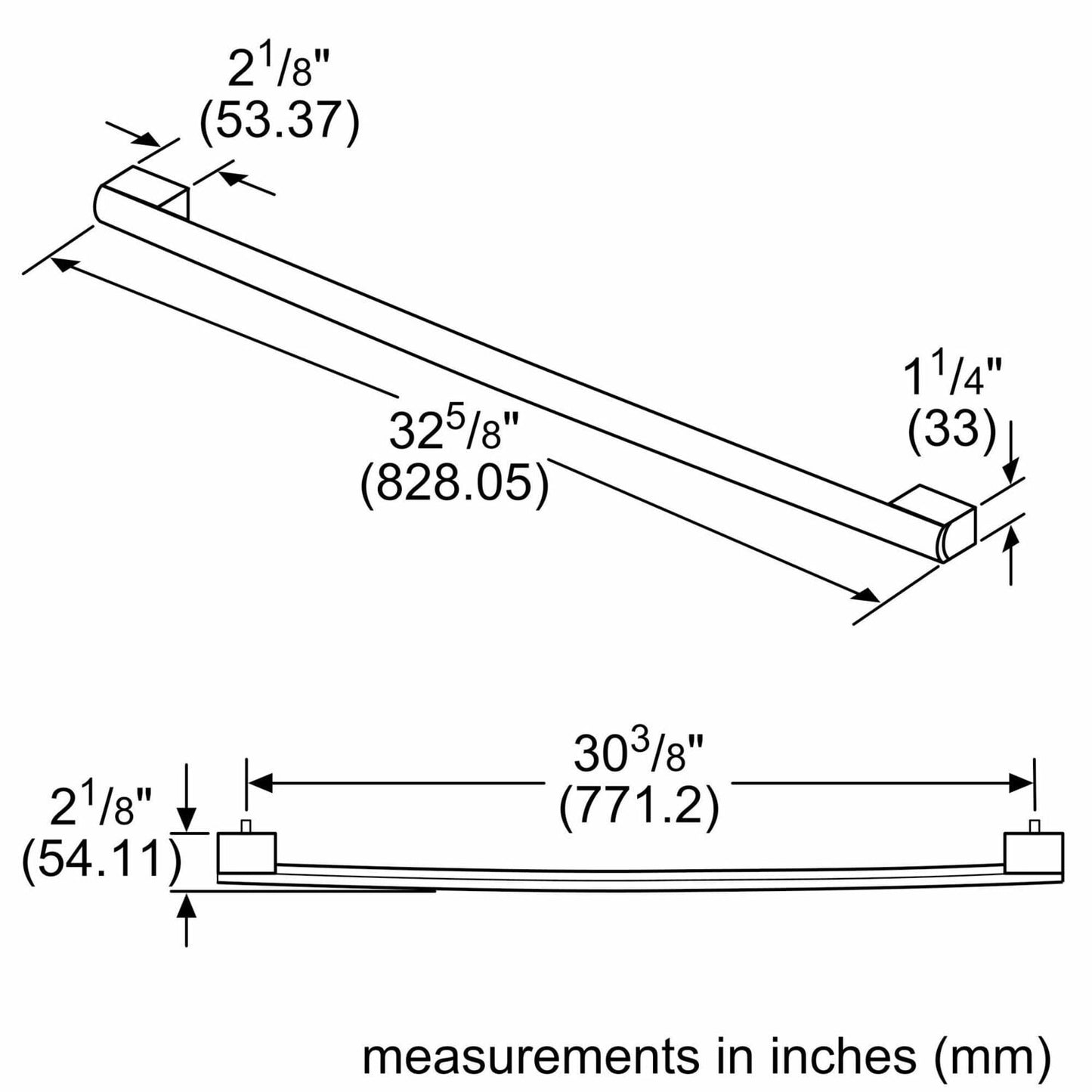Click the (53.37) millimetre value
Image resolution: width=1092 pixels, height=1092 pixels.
click(279, 121)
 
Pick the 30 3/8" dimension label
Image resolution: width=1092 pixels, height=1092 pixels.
click(639, 754)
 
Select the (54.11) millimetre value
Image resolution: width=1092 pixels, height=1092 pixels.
click(101, 861)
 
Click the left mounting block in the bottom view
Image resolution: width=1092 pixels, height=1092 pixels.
click(247, 852)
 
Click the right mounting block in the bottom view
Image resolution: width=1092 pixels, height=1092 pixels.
click(1034, 852)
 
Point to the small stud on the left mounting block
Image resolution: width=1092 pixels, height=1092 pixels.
click(246, 826)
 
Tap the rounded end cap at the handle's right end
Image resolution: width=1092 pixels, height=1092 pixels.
click(945, 541)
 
